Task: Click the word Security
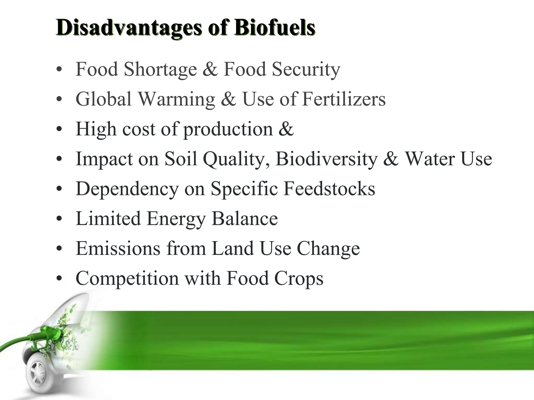click(306, 70)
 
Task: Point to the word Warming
click(176, 99)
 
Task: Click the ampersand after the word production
click(286, 129)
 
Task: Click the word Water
click(430, 159)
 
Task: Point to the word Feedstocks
click(329, 189)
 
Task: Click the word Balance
click(245, 218)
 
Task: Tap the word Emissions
click(118, 248)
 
